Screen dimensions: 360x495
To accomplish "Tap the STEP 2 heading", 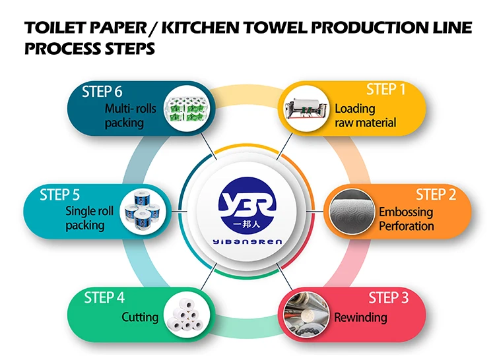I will pyautogui.click(x=436, y=195).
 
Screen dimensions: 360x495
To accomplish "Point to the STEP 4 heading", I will pyautogui.click(x=104, y=298).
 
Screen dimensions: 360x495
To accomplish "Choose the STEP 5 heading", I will pyautogui.click(x=59, y=195).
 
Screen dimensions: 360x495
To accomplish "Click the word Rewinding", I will pyautogui.click(x=360, y=318).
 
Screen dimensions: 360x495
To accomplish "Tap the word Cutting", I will pyautogui.click(x=140, y=317).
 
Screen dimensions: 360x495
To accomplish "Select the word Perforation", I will pyautogui.click(x=406, y=226).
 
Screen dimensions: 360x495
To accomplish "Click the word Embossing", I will pyautogui.click(x=405, y=212).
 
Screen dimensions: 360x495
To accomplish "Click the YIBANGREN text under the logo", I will pyautogui.click(x=247, y=242).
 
